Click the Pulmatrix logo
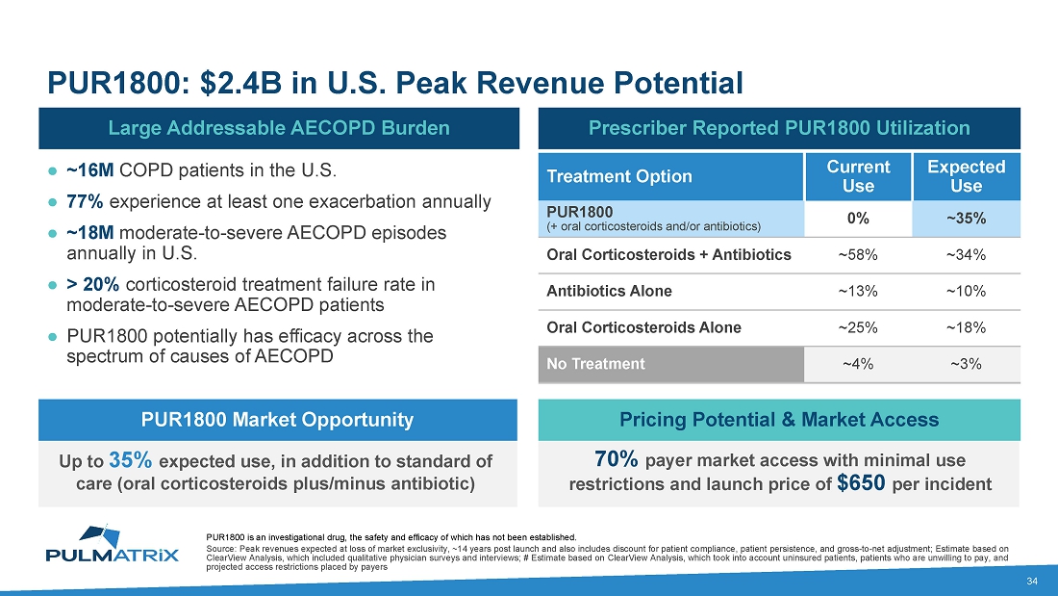pos(113,543)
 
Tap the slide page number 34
pos(1032,581)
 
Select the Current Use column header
pos(858,175)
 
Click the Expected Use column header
pos(966,175)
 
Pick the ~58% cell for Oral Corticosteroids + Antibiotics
pos(858,255)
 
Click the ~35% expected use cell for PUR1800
pos(966,219)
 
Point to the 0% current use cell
pos(858,219)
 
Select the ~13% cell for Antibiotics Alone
pos(858,291)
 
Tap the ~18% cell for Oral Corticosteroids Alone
pos(966,327)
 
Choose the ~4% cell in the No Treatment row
pos(858,364)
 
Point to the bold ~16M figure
pos(90,171)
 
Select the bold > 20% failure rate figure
pos(93,284)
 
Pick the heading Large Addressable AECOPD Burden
pos(278,127)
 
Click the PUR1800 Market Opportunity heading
pos(278,420)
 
